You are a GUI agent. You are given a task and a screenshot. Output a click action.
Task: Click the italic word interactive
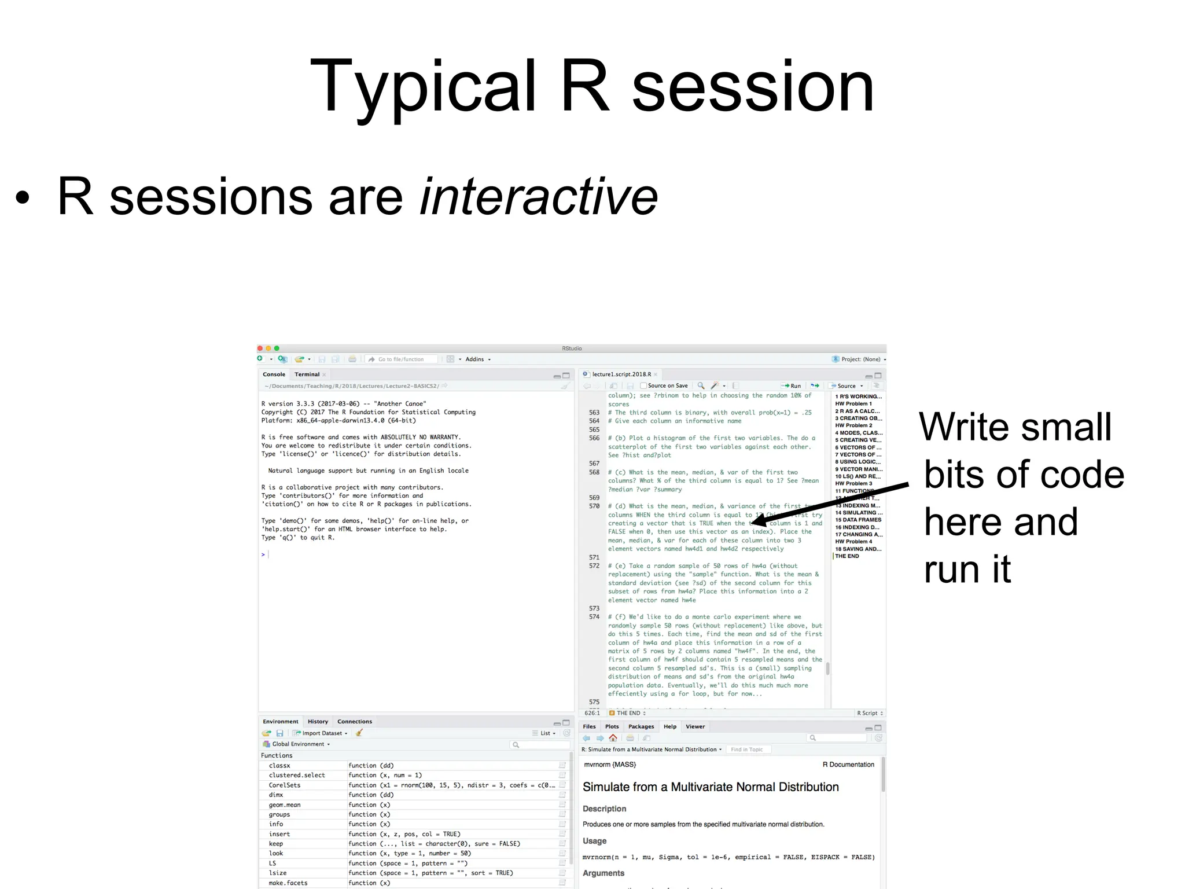pos(539,197)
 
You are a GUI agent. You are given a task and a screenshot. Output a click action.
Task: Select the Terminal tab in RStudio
pos(307,374)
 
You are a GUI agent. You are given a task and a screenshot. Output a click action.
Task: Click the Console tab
pos(274,374)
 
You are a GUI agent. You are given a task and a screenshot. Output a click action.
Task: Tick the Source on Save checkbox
pos(643,385)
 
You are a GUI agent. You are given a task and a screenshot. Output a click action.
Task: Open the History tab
pos(318,722)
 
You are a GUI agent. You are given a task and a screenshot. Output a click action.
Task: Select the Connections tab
pos(354,722)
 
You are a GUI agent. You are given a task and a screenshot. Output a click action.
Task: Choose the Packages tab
pos(641,727)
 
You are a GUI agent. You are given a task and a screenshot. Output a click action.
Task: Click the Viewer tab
pos(695,727)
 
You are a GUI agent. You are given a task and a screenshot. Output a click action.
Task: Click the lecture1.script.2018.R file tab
pos(621,374)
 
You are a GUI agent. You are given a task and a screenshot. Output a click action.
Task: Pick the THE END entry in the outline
pos(847,556)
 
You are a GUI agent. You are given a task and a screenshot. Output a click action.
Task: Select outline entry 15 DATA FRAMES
pos(858,520)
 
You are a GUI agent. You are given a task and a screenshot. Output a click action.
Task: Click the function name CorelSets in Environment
pos(284,785)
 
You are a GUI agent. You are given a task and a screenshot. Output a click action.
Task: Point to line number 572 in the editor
pos(594,566)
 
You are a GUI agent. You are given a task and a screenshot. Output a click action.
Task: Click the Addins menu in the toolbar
pos(475,359)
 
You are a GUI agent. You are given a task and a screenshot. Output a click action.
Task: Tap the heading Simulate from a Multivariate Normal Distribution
pos(710,787)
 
